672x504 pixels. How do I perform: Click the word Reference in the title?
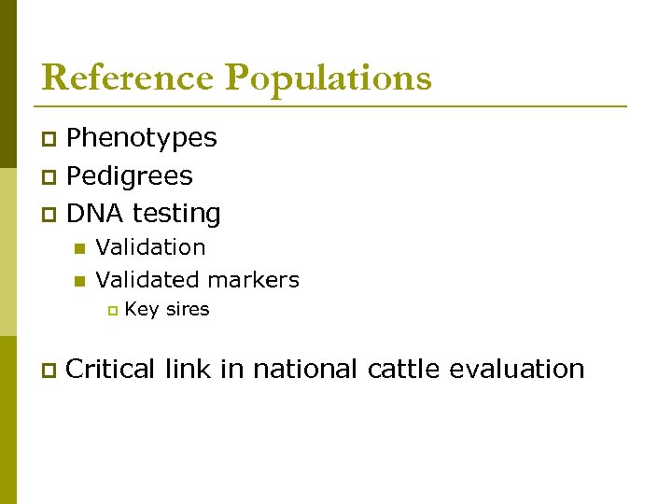[x=127, y=77]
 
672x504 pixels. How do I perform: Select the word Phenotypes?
[x=142, y=139]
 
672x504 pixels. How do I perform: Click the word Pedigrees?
[x=130, y=176]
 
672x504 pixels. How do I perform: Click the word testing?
[x=176, y=215]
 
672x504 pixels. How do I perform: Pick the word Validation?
[x=150, y=247]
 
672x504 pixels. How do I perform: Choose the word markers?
[x=255, y=279]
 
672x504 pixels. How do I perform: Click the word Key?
[x=141, y=309]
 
